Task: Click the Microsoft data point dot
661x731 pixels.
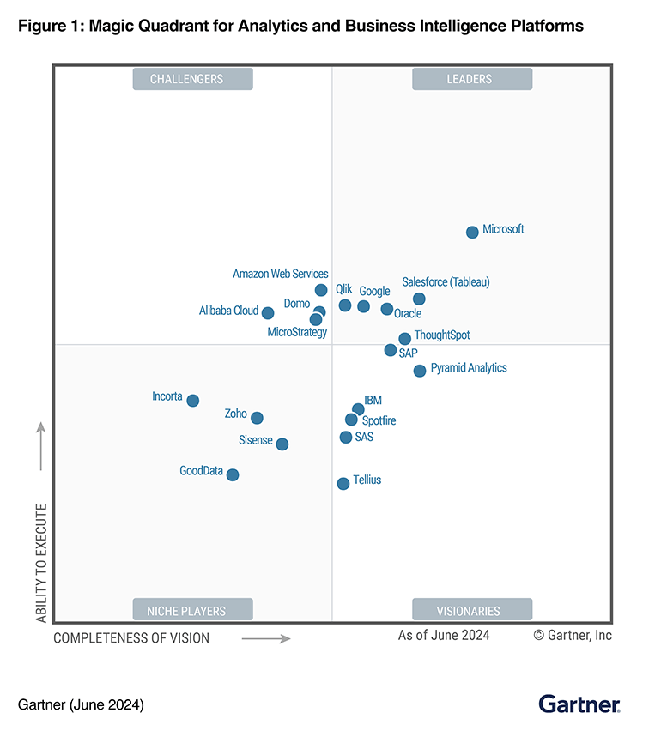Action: [472, 233]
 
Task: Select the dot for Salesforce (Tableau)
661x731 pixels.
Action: [419, 299]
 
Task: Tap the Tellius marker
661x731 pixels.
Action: [343, 484]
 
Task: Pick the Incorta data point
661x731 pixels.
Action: [193, 401]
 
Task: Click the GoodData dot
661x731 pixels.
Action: [233, 474]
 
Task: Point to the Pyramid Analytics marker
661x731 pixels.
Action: [420, 371]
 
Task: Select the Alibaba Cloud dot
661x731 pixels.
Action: [268, 313]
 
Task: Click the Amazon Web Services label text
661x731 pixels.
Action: [281, 275]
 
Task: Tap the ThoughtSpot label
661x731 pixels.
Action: [442, 335]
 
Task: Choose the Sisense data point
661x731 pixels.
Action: [282, 444]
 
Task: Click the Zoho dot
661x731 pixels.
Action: [257, 418]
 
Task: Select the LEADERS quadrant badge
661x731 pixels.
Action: [471, 79]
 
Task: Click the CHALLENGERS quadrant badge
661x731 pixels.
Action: [192, 79]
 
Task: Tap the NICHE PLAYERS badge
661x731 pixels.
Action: [192, 610]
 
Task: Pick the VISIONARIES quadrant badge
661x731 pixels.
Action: [471, 610]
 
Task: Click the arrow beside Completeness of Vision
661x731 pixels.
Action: [265, 638]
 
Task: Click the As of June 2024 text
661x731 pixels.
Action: [444, 636]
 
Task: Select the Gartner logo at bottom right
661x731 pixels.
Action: [579, 704]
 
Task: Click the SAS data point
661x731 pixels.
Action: [346, 438]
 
